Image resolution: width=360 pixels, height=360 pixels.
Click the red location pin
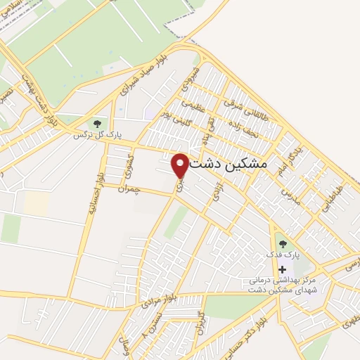click(x=180, y=165)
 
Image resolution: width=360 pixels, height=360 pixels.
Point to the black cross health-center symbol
click(x=283, y=269)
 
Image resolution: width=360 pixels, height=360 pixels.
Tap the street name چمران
click(x=129, y=190)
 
